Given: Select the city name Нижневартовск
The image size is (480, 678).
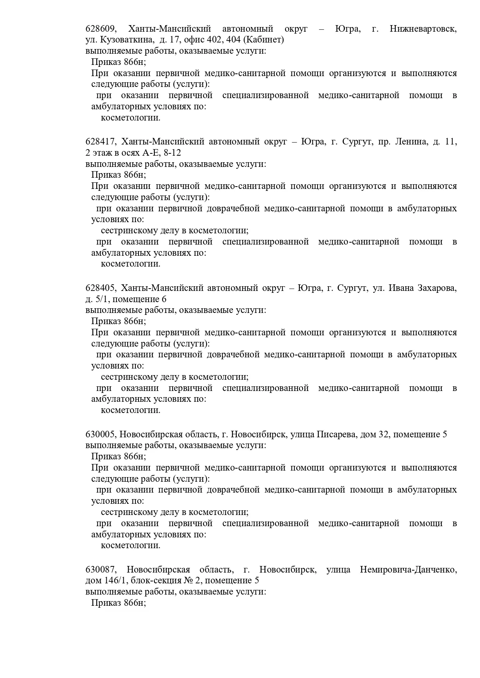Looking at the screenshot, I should pyautogui.click(x=423, y=29).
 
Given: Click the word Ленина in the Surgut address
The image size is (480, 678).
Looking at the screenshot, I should pyautogui.click(x=411, y=142).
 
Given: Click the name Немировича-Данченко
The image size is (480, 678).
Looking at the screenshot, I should pyautogui.click(x=408, y=570).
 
